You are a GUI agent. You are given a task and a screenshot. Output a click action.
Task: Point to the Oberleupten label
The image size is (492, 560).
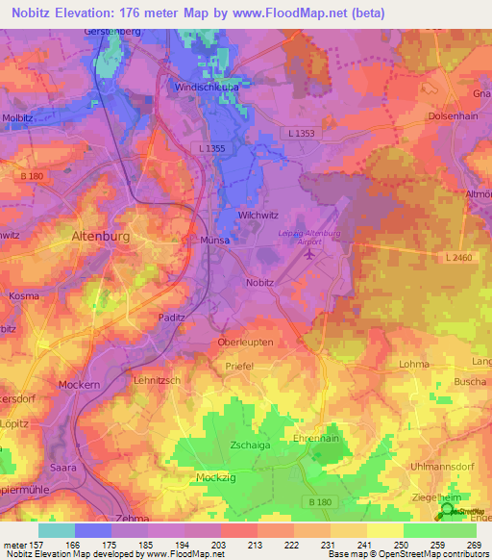click(x=246, y=342)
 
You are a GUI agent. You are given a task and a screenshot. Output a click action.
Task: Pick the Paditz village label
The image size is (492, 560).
click(x=172, y=317)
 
